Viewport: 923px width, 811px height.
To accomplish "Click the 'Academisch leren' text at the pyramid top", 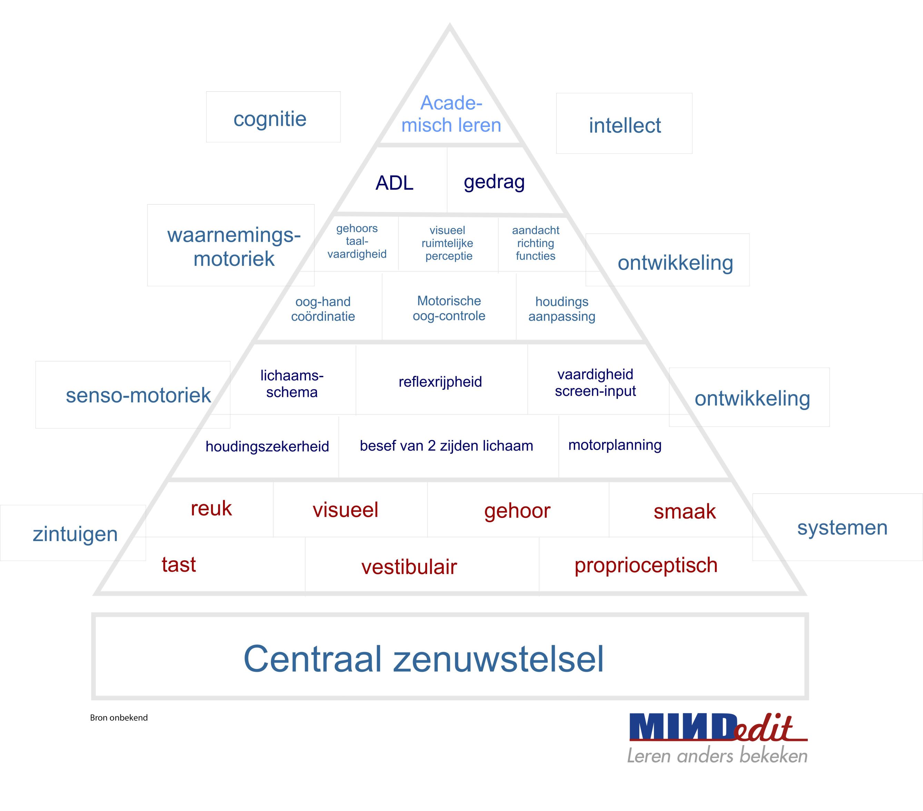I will (x=451, y=114).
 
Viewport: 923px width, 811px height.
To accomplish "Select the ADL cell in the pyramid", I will (x=394, y=183).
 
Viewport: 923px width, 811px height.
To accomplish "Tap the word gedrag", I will (x=494, y=182).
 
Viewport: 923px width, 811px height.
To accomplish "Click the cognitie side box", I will (x=270, y=119).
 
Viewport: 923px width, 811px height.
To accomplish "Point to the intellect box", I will (x=625, y=125).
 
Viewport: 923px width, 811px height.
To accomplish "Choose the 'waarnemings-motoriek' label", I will (x=234, y=247).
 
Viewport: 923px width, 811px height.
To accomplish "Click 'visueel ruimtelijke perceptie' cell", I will (x=448, y=243).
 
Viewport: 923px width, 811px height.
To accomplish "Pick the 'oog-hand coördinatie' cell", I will (x=323, y=309).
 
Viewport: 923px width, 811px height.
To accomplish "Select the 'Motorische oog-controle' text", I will (x=449, y=308).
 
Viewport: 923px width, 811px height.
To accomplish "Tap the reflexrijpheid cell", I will (x=440, y=382).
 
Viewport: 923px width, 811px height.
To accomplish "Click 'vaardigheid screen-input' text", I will (x=595, y=382).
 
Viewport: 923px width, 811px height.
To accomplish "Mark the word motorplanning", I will (x=615, y=445).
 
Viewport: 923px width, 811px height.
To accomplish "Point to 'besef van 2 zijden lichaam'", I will (x=446, y=446).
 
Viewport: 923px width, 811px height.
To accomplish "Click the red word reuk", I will (x=211, y=509).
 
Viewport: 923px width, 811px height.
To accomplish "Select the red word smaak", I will (x=684, y=511).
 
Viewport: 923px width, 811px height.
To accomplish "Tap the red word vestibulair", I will (x=409, y=567).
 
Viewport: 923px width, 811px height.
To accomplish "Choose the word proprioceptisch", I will (x=646, y=565).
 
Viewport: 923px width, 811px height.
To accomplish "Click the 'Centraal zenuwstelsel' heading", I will (x=424, y=659).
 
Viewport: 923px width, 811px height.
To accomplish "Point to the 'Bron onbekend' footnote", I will (x=119, y=718).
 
